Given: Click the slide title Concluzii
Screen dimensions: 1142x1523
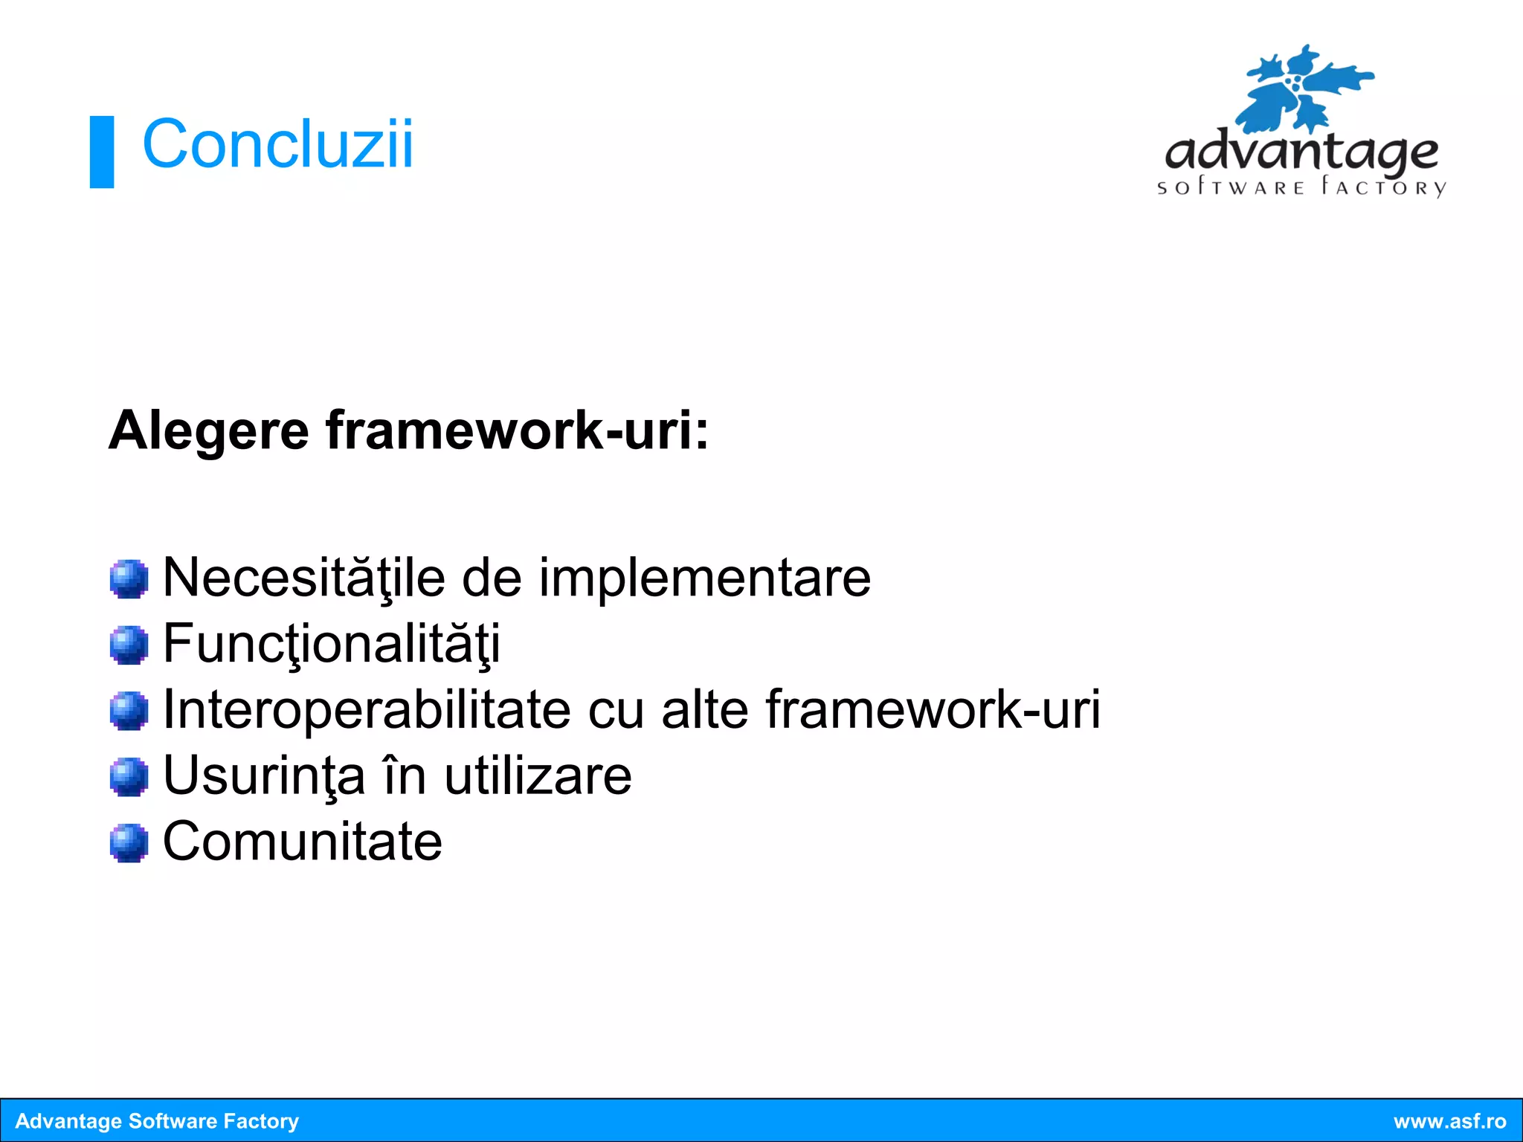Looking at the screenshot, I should click(277, 144).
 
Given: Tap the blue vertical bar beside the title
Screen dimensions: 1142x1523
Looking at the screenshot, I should click(102, 152).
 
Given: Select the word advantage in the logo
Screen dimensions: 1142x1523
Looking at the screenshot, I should click(1301, 152).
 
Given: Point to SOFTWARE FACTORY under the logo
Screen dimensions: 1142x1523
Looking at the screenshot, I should click(1301, 187).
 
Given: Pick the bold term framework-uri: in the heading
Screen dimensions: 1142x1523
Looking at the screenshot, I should click(517, 430).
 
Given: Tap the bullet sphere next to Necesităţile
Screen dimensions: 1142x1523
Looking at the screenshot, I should click(129, 578).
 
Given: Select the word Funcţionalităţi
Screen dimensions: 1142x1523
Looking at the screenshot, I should click(331, 644).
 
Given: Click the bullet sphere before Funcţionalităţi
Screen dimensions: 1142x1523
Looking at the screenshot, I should click(129, 644).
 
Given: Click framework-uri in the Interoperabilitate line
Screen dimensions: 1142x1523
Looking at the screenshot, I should click(933, 709).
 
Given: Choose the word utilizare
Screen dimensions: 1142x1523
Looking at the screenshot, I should click(538, 775).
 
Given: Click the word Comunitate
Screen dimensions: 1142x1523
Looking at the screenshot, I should click(303, 841).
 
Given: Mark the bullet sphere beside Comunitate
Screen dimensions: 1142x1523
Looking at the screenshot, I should click(129, 842).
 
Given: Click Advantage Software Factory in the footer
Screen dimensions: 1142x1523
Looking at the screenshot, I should click(157, 1121).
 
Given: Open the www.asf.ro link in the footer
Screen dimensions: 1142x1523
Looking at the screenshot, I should click(1449, 1121).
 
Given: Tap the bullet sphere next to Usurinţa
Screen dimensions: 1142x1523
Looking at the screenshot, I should click(129, 776).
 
